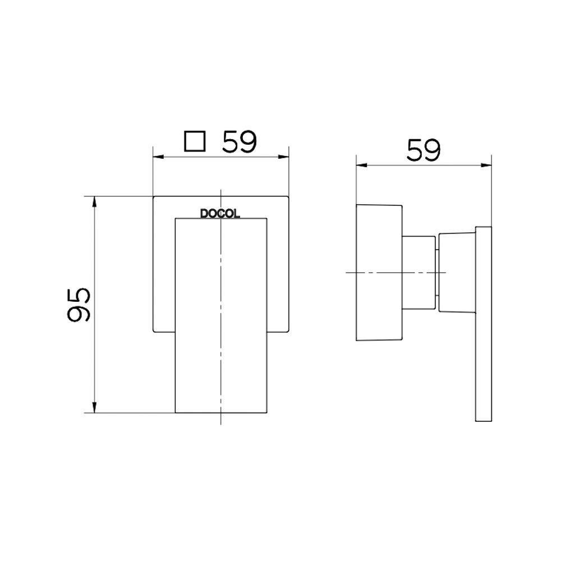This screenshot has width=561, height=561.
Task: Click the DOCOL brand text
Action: tap(220, 214)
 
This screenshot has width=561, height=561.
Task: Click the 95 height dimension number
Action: tap(79, 305)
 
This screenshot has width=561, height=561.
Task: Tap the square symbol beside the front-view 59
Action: tap(195, 142)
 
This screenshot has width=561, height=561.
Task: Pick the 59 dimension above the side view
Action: tap(424, 150)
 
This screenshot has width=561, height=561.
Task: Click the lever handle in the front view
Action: tap(221, 314)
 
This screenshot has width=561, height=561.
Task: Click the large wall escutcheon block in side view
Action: tap(379, 272)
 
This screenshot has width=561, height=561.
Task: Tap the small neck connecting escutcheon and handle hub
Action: tap(419, 272)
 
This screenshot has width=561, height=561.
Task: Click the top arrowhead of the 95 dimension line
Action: tap(95, 201)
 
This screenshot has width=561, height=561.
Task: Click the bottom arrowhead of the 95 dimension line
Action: tap(95, 409)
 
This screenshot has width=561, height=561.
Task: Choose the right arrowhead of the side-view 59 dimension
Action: tap(488, 165)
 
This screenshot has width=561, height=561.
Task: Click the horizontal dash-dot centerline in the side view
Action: tap(393, 272)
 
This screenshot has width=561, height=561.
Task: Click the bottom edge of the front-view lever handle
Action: tap(221, 413)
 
